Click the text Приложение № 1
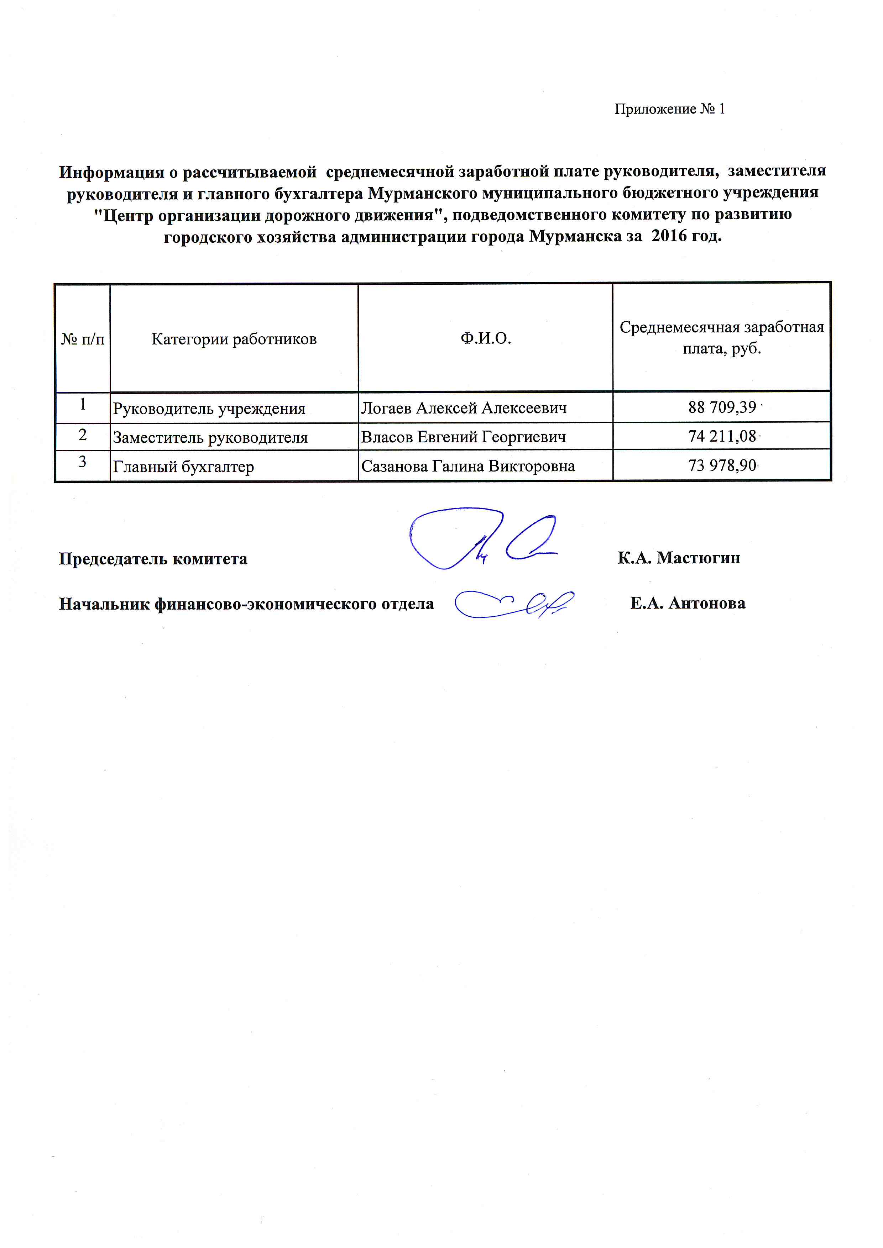coord(669,109)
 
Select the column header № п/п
coord(83,339)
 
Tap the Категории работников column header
coord(234,339)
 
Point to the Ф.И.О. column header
coord(486,339)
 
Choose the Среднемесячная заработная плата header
coord(721,338)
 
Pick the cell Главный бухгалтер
coord(183,467)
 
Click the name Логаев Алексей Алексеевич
coord(464,408)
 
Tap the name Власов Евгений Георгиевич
coord(463,437)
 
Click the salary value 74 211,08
coord(722,437)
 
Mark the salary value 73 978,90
coord(722,466)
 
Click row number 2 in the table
coord(83,435)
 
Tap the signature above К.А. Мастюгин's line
coord(481,538)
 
